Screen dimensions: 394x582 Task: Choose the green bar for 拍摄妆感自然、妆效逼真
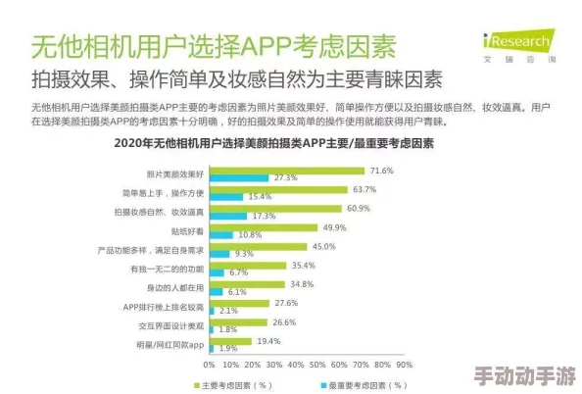tap(274, 209)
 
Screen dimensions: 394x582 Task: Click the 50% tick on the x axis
tap(315, 364)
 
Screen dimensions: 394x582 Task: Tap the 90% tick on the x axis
tap(402, 364)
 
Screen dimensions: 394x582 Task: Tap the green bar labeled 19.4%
tap(229, 340)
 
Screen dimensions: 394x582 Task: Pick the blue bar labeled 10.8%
tap(220, 235)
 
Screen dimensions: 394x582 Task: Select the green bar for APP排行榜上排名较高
tap(238, 303)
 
